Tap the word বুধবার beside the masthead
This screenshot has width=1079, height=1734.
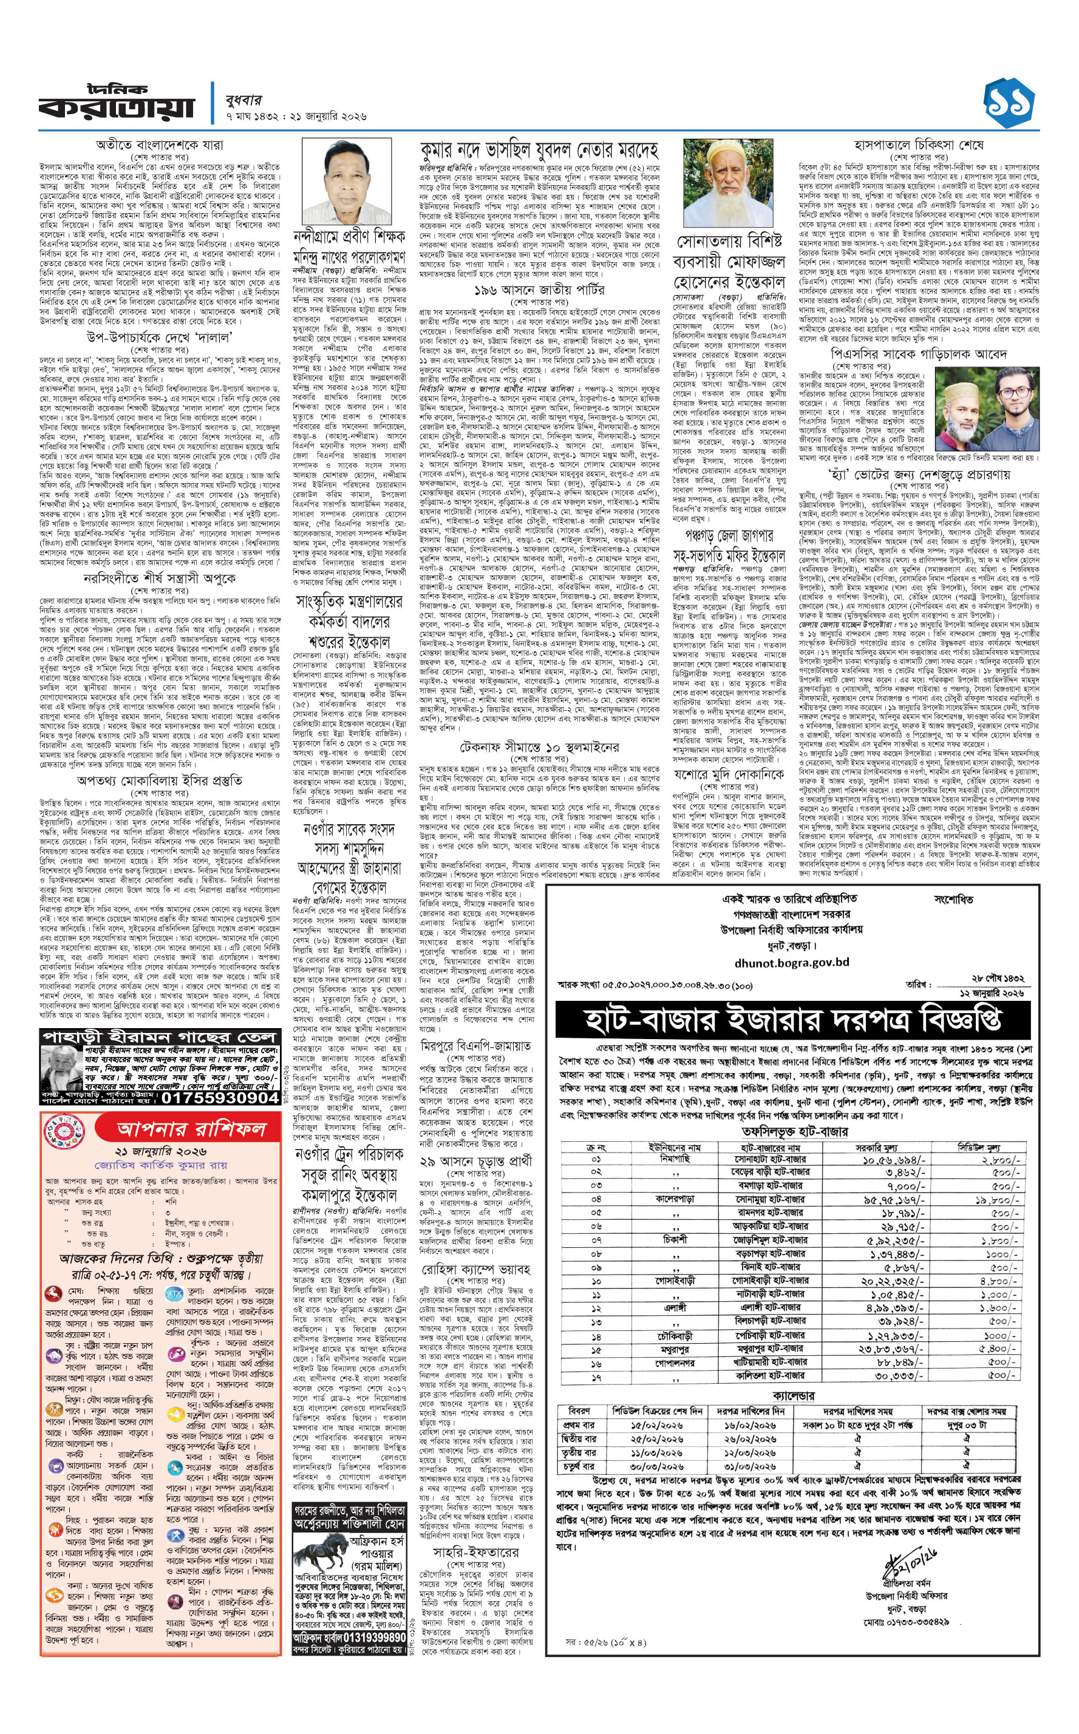pos(243,101)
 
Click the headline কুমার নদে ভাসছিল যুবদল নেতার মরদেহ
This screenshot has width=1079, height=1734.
pos(538,151)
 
